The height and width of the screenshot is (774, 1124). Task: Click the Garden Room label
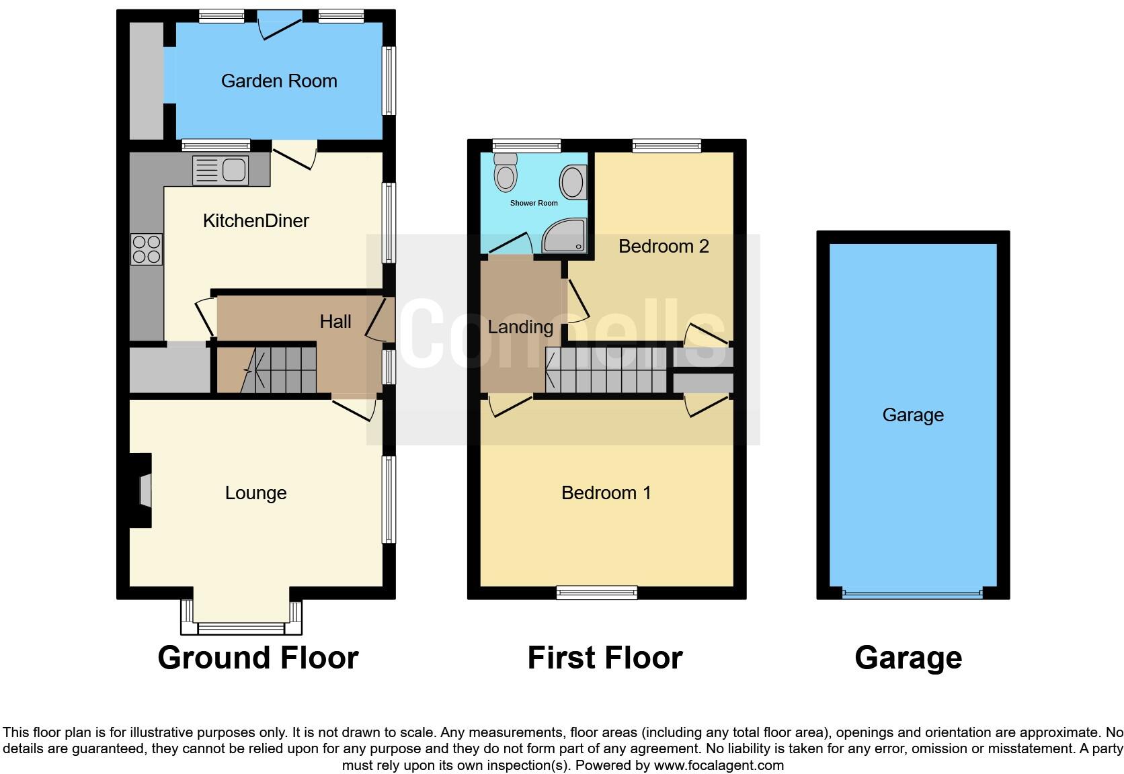pos(279,81)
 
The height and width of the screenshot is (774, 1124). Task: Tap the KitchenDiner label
pos(255,220)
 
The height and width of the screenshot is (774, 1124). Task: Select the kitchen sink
pos(220,169)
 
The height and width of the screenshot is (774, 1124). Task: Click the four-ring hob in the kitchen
pos(147,248)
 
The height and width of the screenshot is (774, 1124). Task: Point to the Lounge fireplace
pos(143,490)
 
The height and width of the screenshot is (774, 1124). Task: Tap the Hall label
pos(335,322)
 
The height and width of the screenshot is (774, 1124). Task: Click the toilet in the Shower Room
pos(506,173)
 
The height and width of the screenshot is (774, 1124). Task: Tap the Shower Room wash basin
pos(573,181)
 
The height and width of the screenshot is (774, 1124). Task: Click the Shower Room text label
pos(534,203)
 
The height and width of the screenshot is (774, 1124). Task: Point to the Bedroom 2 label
pos(664,247)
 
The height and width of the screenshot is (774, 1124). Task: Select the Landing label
pos(520,327)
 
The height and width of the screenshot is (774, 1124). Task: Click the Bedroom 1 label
pos(606,493)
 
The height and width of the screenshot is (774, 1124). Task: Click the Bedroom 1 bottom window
pos(596,592)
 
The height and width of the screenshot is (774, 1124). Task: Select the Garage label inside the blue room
pos(913,415)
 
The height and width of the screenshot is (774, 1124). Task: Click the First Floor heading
pos(605,658)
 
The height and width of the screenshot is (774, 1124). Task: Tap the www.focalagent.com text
pos(719,765)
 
